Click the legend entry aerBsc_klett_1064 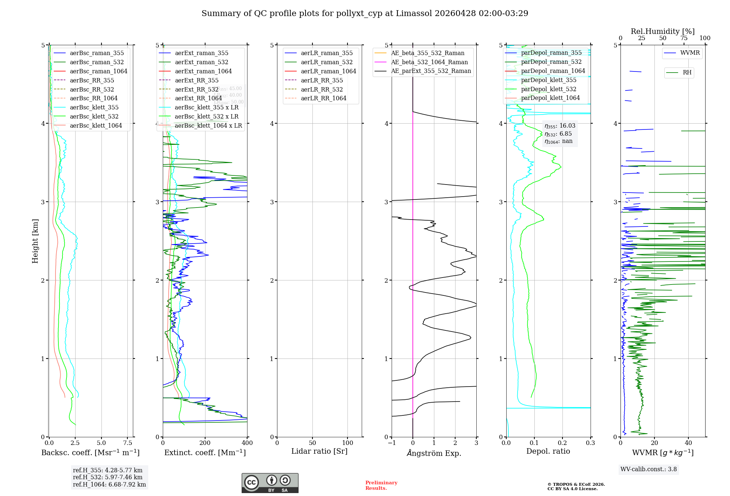[96, 125]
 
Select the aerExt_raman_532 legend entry [201, 62]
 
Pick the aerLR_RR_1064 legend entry [323, 98]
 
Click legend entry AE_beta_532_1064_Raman [429, 62]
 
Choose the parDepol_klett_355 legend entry [549, 80]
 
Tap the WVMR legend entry [690, 53]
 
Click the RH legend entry [687, 73]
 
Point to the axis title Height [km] [35, 241]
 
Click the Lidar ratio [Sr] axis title [319, 451]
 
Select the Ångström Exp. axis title [434, 453]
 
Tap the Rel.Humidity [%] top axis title [662, 31]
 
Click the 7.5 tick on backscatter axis [128, 443]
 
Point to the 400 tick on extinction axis [247, 443]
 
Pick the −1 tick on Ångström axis [392, 443]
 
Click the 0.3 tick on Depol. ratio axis [590, 443]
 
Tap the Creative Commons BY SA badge [270, 483]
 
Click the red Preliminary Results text [381, 485]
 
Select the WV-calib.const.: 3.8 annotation [649, 469]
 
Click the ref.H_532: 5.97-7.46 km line [108, 477]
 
